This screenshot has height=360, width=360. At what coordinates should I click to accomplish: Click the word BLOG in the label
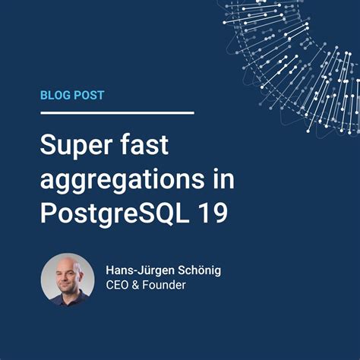[x=56, y=96]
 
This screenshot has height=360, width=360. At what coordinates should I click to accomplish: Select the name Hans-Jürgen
[x=142, y=269]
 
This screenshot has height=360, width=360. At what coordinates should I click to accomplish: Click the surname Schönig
[x=204, y=269]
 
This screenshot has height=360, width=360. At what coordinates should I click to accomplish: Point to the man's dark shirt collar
[x=68, y=301]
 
